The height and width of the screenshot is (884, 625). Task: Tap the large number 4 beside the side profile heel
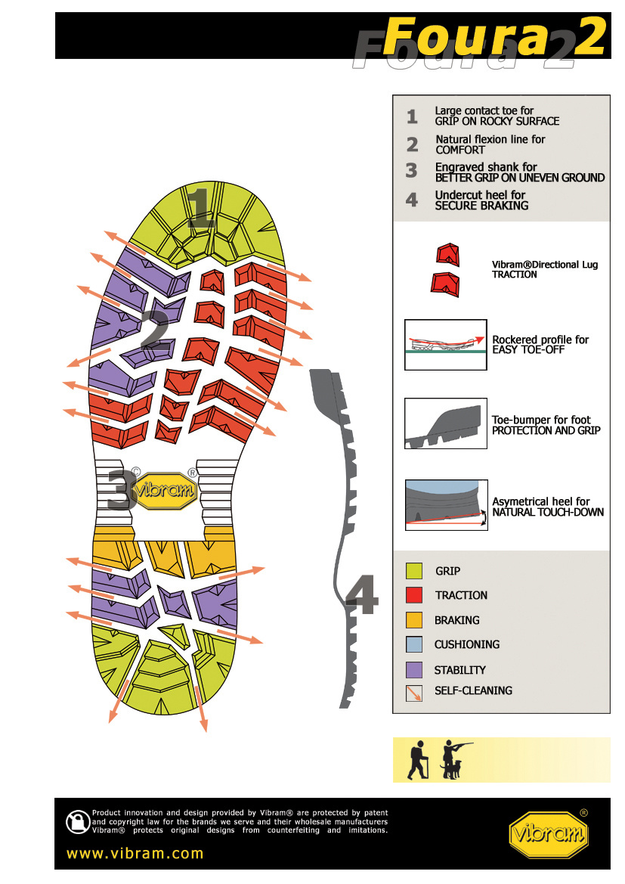(362, 597)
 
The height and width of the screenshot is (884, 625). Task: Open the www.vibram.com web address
(135, 854)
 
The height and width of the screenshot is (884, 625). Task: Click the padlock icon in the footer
(77, 822)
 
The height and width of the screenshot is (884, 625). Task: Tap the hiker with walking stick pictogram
(416, 760)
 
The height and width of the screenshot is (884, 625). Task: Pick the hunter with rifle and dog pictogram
(454, 759)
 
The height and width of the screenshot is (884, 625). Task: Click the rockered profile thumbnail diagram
(445, 344)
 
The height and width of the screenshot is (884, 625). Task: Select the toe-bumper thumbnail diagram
(445, 423)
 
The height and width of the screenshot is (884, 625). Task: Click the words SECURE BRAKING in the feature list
(481, 206)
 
